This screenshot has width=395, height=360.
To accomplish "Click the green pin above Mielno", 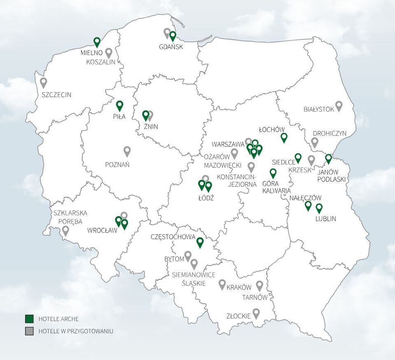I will pos(97,42).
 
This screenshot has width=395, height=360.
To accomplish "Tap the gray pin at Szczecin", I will pos(43,82).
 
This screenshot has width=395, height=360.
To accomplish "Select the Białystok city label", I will pos(318,109).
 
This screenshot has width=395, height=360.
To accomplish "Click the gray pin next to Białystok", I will pos(339,106).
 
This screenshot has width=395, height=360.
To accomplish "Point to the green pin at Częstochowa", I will pos(200,242).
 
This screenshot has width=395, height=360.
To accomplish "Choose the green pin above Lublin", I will pos(319,208).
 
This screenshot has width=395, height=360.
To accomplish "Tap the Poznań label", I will pos(117,164).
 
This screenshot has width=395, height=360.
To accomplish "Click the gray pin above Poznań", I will pos(127,151).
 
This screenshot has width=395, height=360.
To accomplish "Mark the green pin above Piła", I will pos(120,105).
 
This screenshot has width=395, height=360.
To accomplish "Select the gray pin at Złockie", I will pos(256,313).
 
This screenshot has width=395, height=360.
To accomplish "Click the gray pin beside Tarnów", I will pos(260,285).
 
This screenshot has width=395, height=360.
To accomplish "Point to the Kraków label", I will pos(239,288).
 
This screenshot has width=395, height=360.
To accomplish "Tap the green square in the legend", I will pos(29,319).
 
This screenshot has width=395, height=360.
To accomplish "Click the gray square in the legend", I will pos(29,331).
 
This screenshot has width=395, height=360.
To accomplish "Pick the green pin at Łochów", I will pos(283,137).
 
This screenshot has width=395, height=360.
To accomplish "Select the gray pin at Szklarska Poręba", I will pos(65,230).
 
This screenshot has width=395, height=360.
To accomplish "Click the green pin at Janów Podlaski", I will pos(328,158).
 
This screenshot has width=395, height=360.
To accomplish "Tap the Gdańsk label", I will pos(171,47).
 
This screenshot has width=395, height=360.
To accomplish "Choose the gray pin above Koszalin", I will pos(109,52).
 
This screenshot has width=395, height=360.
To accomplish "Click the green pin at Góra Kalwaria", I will pos(273,173).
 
